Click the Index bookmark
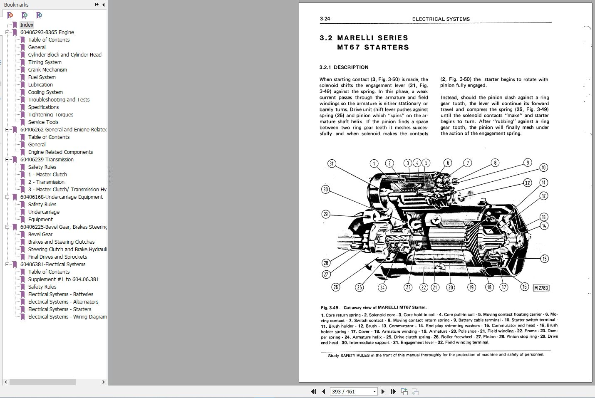pos(27,25)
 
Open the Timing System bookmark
pos(45,62)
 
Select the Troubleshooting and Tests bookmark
pos(59,100)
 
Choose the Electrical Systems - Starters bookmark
pos(59,309)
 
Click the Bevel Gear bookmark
pos(40,235)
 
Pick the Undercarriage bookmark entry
pos(44,212)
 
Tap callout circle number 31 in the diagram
pos(331,163)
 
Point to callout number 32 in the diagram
pos(528,183)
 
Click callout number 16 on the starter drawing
pos(525,287)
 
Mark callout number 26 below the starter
pos(336,287)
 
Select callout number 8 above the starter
pos(495,163)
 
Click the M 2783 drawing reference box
pos(541,288)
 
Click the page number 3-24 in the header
pos(325,19)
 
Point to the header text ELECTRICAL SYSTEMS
pos(441,19)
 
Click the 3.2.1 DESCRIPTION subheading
pos(344,67)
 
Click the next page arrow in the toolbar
pos(383,392)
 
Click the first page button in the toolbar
pos(313,392)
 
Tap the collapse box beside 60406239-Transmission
pos(7,160)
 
